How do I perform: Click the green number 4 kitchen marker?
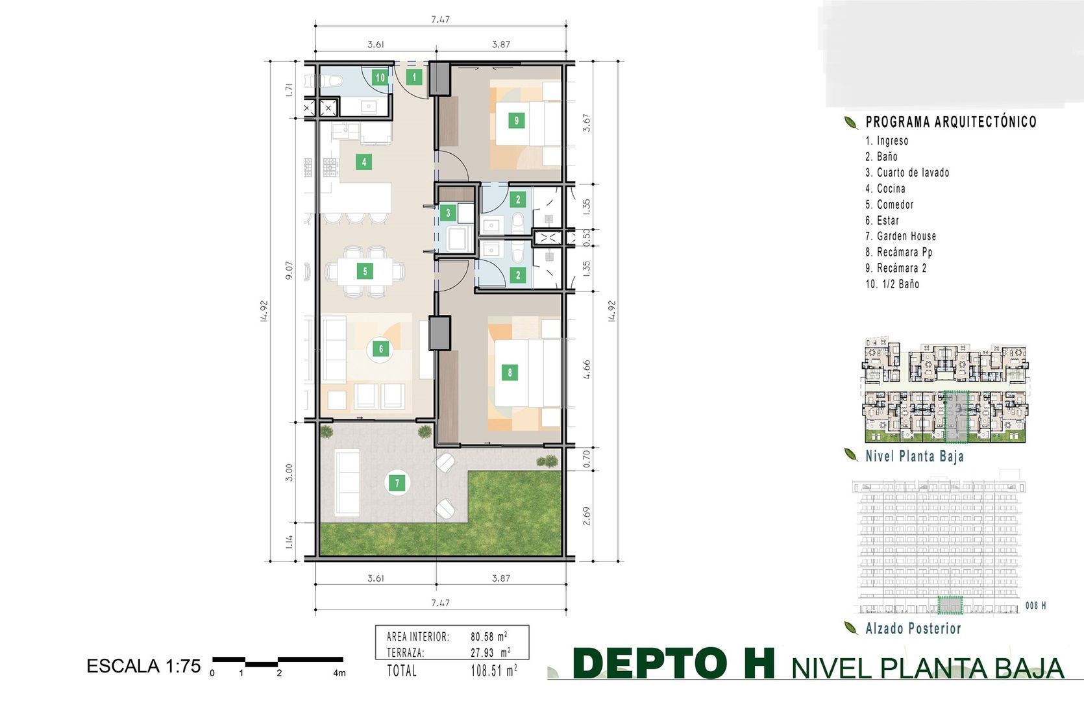click(364, 162)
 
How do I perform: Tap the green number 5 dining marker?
click(365, 271)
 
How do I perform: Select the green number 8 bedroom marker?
click(510, 373)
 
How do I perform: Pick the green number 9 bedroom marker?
click(516, 120)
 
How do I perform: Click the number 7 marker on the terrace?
click(397, 483)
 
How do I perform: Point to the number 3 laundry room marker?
click(448, 213)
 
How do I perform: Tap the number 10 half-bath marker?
click(380, 77)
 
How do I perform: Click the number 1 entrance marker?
click(413, 77)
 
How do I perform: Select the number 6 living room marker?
click(381, 349)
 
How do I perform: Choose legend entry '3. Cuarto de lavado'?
click(907, 173)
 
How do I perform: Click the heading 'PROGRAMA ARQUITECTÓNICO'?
click(951, 122)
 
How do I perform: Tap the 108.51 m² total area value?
click(493, 670)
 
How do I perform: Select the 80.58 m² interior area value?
click(489, 636)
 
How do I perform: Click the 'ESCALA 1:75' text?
click(143, 666)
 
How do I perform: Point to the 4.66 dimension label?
click(587, 369)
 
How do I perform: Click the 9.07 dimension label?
click(289, 271)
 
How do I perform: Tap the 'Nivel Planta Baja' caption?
click(914, 456)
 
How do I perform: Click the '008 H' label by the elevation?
click(1035, 605)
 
